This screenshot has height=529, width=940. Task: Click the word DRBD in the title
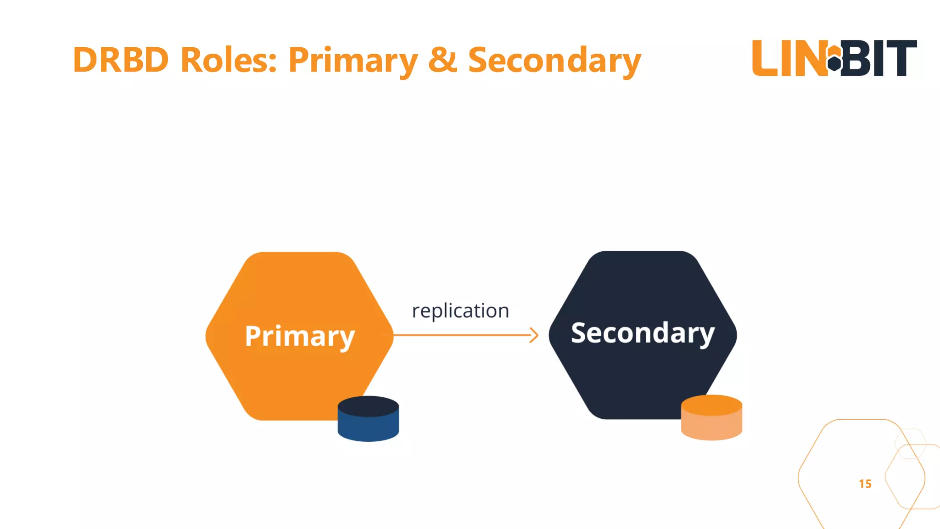[121, 60]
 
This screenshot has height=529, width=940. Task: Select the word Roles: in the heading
[229, 60]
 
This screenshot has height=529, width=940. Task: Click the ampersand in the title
[442, 60]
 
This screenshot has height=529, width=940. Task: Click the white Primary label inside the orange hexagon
[300, 336]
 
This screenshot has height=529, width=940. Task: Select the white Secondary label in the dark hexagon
[643, 333]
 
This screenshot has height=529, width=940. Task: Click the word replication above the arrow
[460, 311]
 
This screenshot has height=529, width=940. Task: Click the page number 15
[865, 484]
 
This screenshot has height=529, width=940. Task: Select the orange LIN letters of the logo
[789, 58]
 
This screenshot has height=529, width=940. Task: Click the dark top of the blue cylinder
[368, 406]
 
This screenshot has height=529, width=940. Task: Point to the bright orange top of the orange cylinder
[711, 405]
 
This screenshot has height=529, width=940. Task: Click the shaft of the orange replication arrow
[459, 335]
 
